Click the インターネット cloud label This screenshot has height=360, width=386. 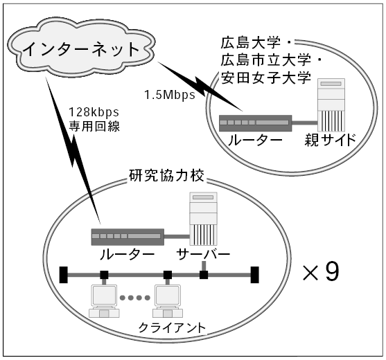click(x=81, y=49)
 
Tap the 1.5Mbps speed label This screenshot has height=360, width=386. click(x=170, y=95)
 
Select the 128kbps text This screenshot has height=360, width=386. click(x=94, y=112)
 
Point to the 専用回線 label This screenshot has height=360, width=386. click(x=94, y=127)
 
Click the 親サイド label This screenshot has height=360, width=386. click(x=331, y=140)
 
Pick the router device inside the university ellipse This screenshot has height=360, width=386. click(x=255, y=123)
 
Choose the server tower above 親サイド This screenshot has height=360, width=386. click(x=331, y=105)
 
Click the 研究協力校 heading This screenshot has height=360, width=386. click(x=166, y=175)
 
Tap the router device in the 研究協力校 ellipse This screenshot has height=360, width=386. click(x=128, y=237)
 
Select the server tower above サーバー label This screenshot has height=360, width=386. click(x=203, y=219)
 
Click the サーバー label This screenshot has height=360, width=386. click(x=203, y=254)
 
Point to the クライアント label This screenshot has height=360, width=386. click(x=172, y=327)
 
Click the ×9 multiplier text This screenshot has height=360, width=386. click(x=321, y=272)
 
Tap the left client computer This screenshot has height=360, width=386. click(x=104, y=301)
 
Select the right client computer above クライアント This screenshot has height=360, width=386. click(x=168, y=301)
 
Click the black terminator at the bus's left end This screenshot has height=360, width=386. click(x=64, y=275)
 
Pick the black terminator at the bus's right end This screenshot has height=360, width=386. click(x=255, y=275)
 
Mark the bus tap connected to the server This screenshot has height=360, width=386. click(x=204, y=275)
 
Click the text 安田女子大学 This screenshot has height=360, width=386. click(x=265, y=78)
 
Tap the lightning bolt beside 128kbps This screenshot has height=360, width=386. click(x=73, y=150)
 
